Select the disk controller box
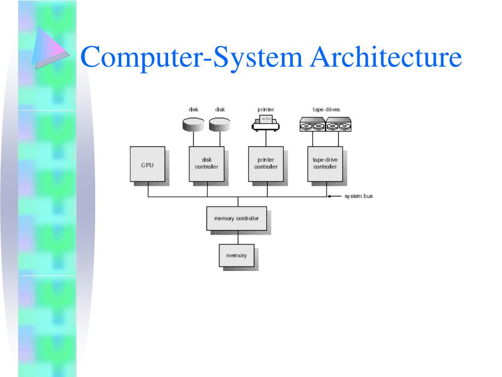pyautogui.click(x=206, y=164)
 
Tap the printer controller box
pyautogui.click(x=266, y=164)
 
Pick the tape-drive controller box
pyautogui.click(x=325, y=164)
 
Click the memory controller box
pyautogui.click(x=236, y=218)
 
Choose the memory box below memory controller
pyautogui.click(x=236, y=256)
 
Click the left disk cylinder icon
pyautogui.click(x=193, y=124)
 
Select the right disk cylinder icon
pyautogui.click(x=219, y=124)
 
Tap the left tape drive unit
pyautogui.click(x=312, y=125)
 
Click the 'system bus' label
pyautogui.click(x=358, y=196)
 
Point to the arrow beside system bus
pyautogui.click(x=334, y=196)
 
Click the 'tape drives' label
pyautogui.click(x=326, y=109)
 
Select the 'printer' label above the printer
pyautogui.click(x=266, y=109)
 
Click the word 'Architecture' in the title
pyautogui.click(x=386, y=57)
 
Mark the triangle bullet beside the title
pyautogui.click(x=47, y=47)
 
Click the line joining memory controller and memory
pyautogui.click(x=238, y=237)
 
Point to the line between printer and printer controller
pyautogui.click(x=266, y=139)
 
